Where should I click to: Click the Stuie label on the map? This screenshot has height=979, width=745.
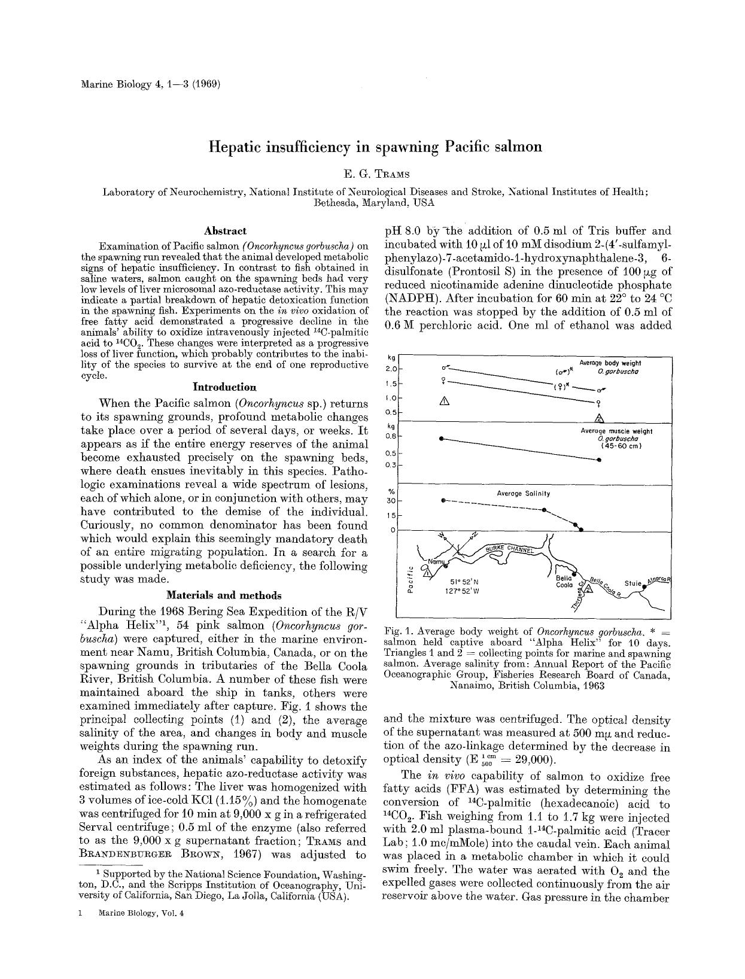point(633,583)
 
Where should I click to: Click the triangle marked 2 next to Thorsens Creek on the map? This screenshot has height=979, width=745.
point(588,589)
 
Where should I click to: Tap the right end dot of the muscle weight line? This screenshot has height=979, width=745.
point(599,460)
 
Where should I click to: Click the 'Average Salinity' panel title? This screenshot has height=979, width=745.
point(523,494)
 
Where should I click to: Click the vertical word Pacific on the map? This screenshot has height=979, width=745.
point(410,579)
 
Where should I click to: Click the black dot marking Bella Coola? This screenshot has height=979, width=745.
point(574,576)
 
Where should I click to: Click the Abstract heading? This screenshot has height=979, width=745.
point(224,230)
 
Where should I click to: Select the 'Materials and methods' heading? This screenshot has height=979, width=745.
point(223,595)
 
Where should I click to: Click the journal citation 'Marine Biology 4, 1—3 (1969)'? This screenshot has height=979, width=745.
point(151,84)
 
